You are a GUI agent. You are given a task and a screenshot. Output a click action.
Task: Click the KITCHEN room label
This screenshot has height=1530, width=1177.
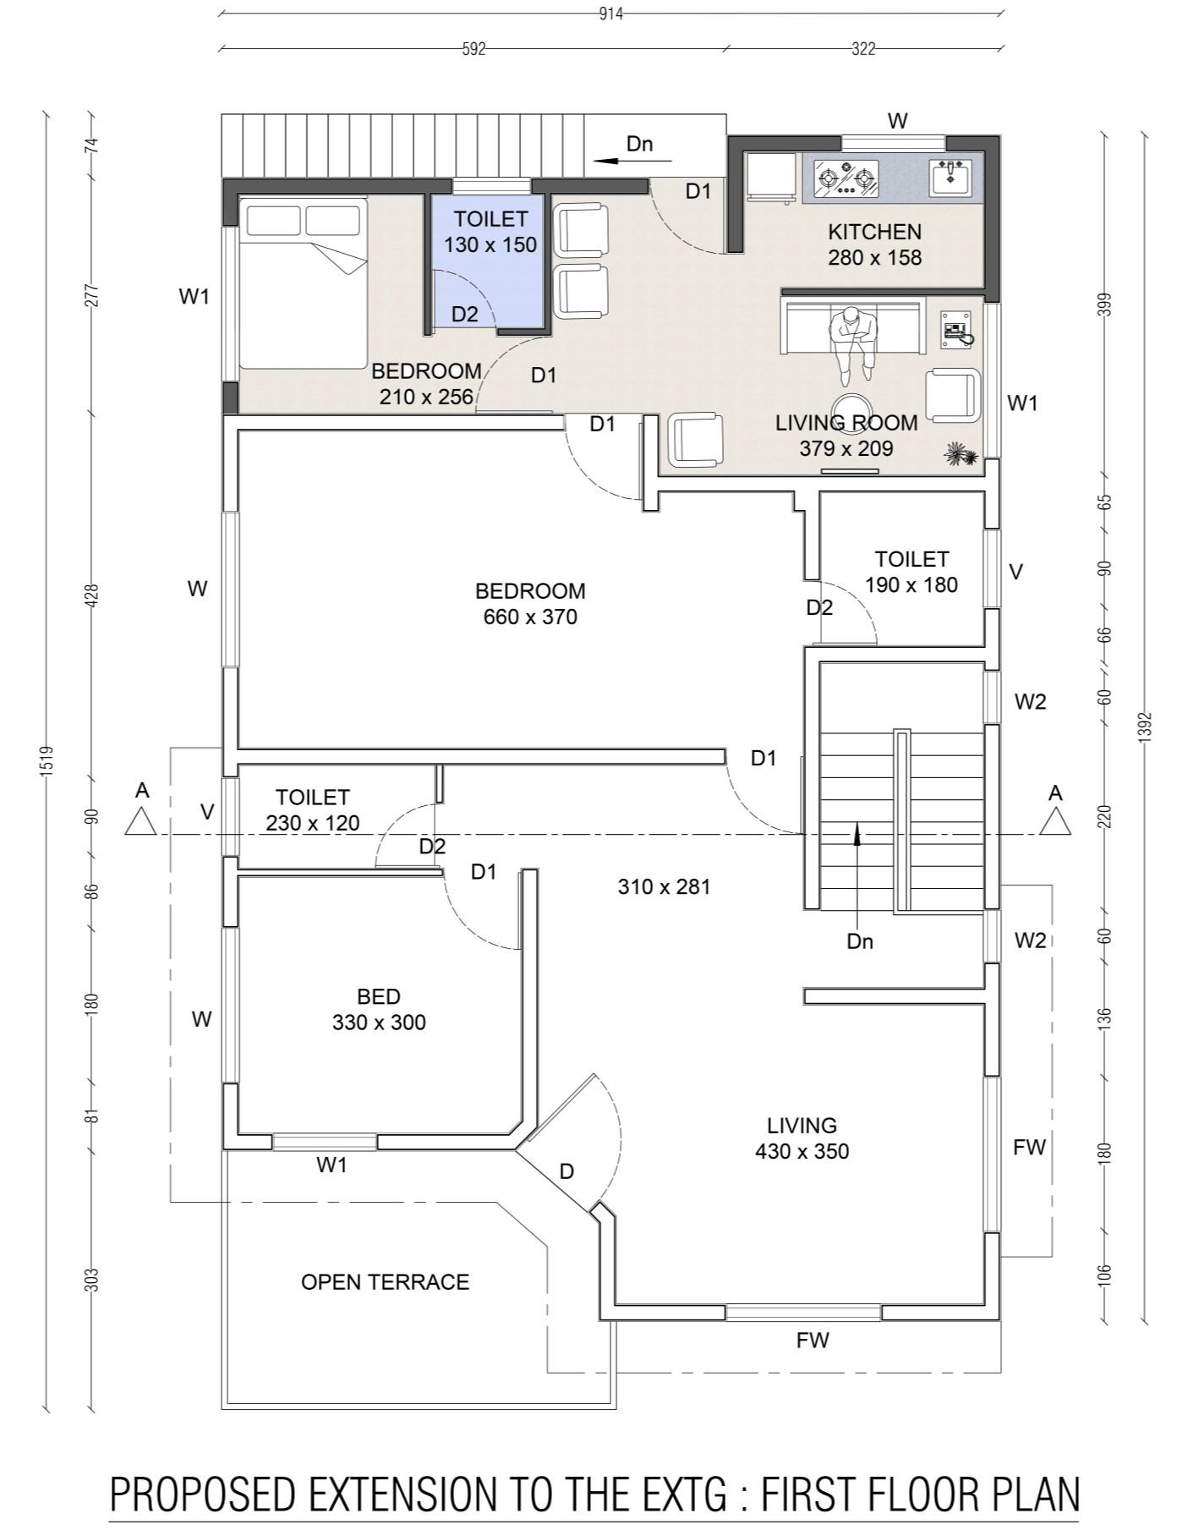pyautogui.click(x=874, y=232)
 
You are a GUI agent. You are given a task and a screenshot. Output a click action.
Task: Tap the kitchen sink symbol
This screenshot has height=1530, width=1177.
pyautogui.click(x=951, y=177)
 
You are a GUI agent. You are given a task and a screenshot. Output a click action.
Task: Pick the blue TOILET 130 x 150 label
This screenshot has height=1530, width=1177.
pyautogui.click(x=490, y=232)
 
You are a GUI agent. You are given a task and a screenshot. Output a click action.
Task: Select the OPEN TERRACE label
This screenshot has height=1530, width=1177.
pyautogui.click(x=385, y=1281)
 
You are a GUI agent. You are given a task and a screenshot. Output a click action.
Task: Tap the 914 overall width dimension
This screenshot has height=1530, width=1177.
pyautogui.click(x=611, y=14)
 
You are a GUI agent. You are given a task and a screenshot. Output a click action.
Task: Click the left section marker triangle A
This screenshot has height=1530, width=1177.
pyautogui.click(x=141, y=820)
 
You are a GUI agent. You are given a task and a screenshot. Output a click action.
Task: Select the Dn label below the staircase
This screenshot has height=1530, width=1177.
pyautogui.click(x=859, y=941)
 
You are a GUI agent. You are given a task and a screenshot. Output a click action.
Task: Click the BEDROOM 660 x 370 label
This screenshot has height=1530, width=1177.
pyautogui.click(x=530, y=603)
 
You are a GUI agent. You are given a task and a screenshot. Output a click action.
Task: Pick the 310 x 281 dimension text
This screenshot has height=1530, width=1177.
pyautogui.click(x=664, y=886)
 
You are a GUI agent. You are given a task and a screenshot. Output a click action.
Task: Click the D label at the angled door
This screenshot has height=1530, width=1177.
pyautogui.click(x=567, y=1171)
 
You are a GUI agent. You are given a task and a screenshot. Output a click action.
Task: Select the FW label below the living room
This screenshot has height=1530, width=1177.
pyautogui.click(x=813, y=1340)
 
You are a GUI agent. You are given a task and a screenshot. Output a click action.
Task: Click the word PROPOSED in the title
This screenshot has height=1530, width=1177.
pyautogui.click(x=203, y=1494)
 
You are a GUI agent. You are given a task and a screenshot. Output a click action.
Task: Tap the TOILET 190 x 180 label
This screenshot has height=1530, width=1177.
pyautogui.click(x=911, y=572)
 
